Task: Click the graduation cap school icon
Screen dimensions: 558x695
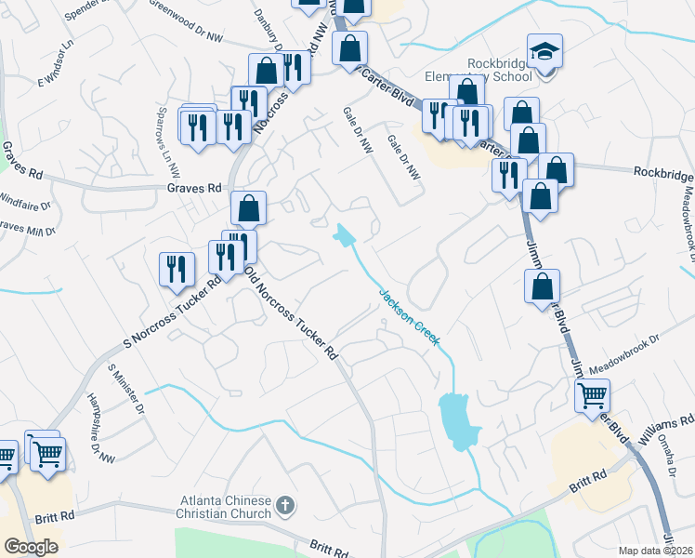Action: tap(545, 51)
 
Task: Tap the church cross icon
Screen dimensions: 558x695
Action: tap(285, 507)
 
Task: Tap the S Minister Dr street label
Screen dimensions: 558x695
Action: tap(126, 389)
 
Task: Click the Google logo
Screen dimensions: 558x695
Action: tap(31, 547)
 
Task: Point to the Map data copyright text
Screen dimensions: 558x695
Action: tap(656, 551)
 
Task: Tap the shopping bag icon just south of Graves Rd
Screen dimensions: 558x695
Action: tap(249, 208)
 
